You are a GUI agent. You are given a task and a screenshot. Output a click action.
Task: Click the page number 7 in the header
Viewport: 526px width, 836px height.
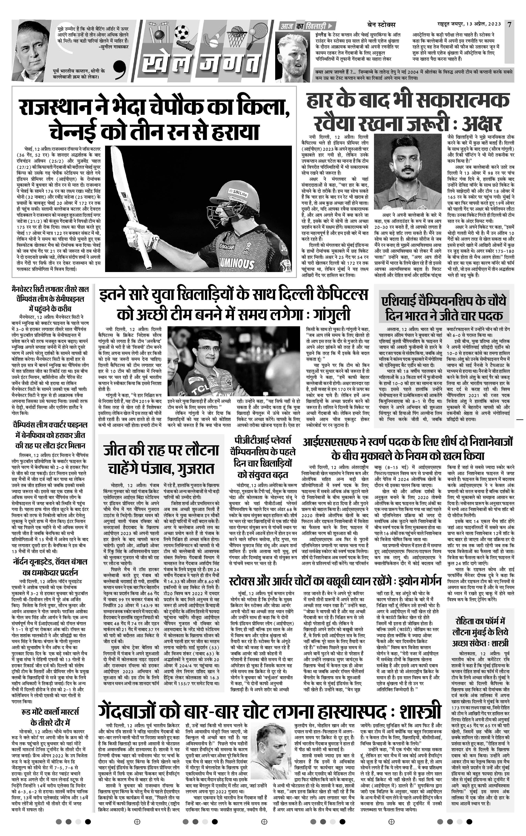(x=509, y=24)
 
